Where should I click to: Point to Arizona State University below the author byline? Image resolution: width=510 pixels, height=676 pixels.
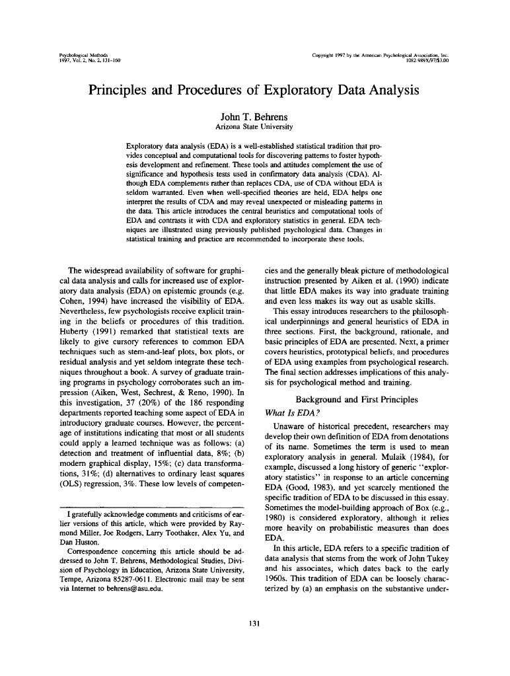coord(254,126)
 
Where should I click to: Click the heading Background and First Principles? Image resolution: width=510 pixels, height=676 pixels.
coord(357,399)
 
